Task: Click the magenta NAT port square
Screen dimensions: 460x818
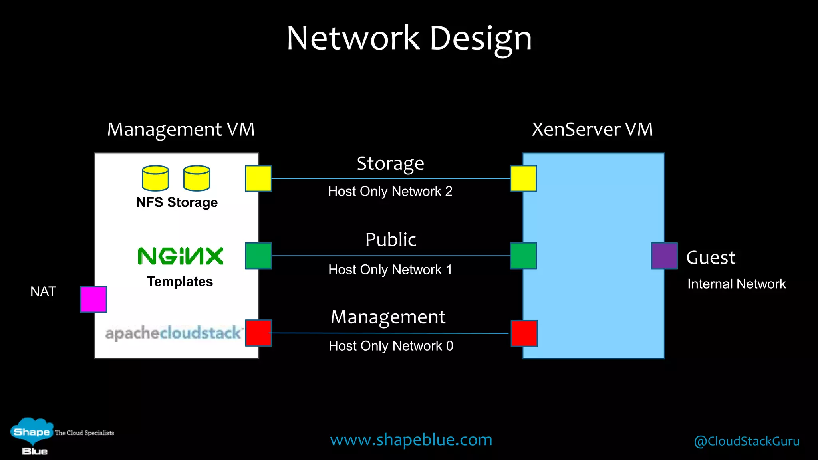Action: (93, 299)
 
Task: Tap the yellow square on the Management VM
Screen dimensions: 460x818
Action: (258, 178)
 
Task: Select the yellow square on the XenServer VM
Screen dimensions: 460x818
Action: (523, 178)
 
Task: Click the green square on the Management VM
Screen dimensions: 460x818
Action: (258, 256)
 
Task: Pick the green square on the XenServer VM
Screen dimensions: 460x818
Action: (523, 256)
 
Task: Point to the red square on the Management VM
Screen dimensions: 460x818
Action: (258, 333)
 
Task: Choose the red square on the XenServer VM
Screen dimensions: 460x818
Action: (524, 333)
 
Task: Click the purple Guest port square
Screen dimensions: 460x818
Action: (664, 256)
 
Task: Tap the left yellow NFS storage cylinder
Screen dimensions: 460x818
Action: (155, 178)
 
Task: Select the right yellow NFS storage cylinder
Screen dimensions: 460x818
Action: (197, 178)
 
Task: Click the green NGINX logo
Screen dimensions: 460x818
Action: (180, 256)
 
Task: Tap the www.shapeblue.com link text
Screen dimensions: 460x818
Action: (411, 440)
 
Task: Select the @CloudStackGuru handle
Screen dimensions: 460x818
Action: (747, 441)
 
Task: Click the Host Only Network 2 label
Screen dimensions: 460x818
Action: (390, 191)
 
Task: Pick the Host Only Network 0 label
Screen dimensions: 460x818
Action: (391, 346)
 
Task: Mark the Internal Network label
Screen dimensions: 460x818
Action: (736, 284)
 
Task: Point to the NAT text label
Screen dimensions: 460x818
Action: (43, 291)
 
